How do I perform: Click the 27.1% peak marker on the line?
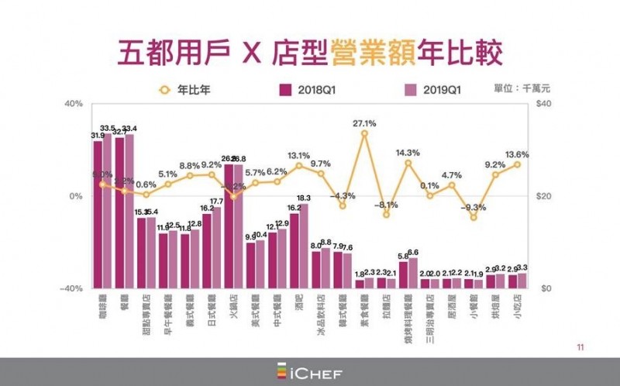coord(364,133)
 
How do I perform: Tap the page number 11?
coord(580,346)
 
